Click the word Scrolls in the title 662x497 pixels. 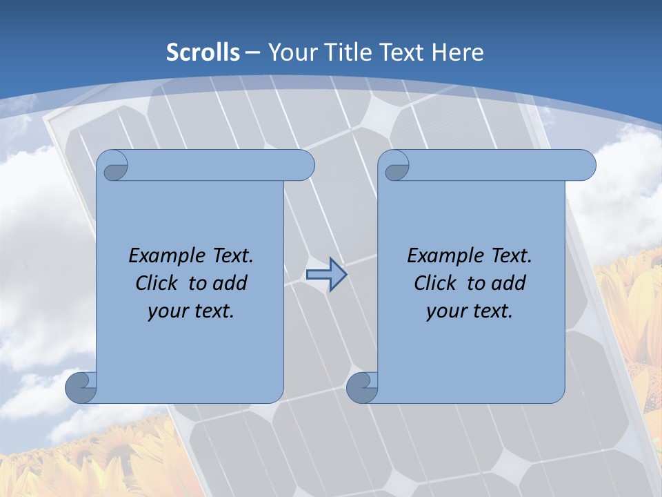(x=203, y=52)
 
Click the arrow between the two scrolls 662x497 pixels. (x=326, y=275)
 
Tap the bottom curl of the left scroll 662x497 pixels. (x=81, y=387)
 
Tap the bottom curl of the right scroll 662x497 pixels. (x=362, y=387)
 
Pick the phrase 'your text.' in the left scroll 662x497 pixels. (x=191, y=311)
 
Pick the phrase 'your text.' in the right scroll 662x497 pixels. (x=470, y=311)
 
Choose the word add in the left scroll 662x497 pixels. (x=230, y=283)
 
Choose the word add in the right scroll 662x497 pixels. (x=509, y=283)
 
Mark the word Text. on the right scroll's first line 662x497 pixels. (x=511, y=256)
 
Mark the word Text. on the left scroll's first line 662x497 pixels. (x=232, y=256)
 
